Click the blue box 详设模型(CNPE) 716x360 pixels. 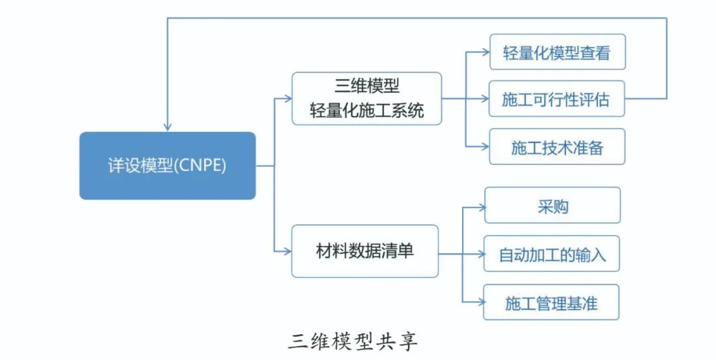167,166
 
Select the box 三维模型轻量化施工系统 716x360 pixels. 367,98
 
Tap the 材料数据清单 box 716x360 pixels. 365,251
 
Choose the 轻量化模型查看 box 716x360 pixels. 557,52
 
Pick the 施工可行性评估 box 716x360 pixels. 556,99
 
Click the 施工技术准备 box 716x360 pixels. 557,147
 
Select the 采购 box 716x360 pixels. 552,205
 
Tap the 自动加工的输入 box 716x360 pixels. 552,254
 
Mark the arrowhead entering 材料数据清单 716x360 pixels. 287,251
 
